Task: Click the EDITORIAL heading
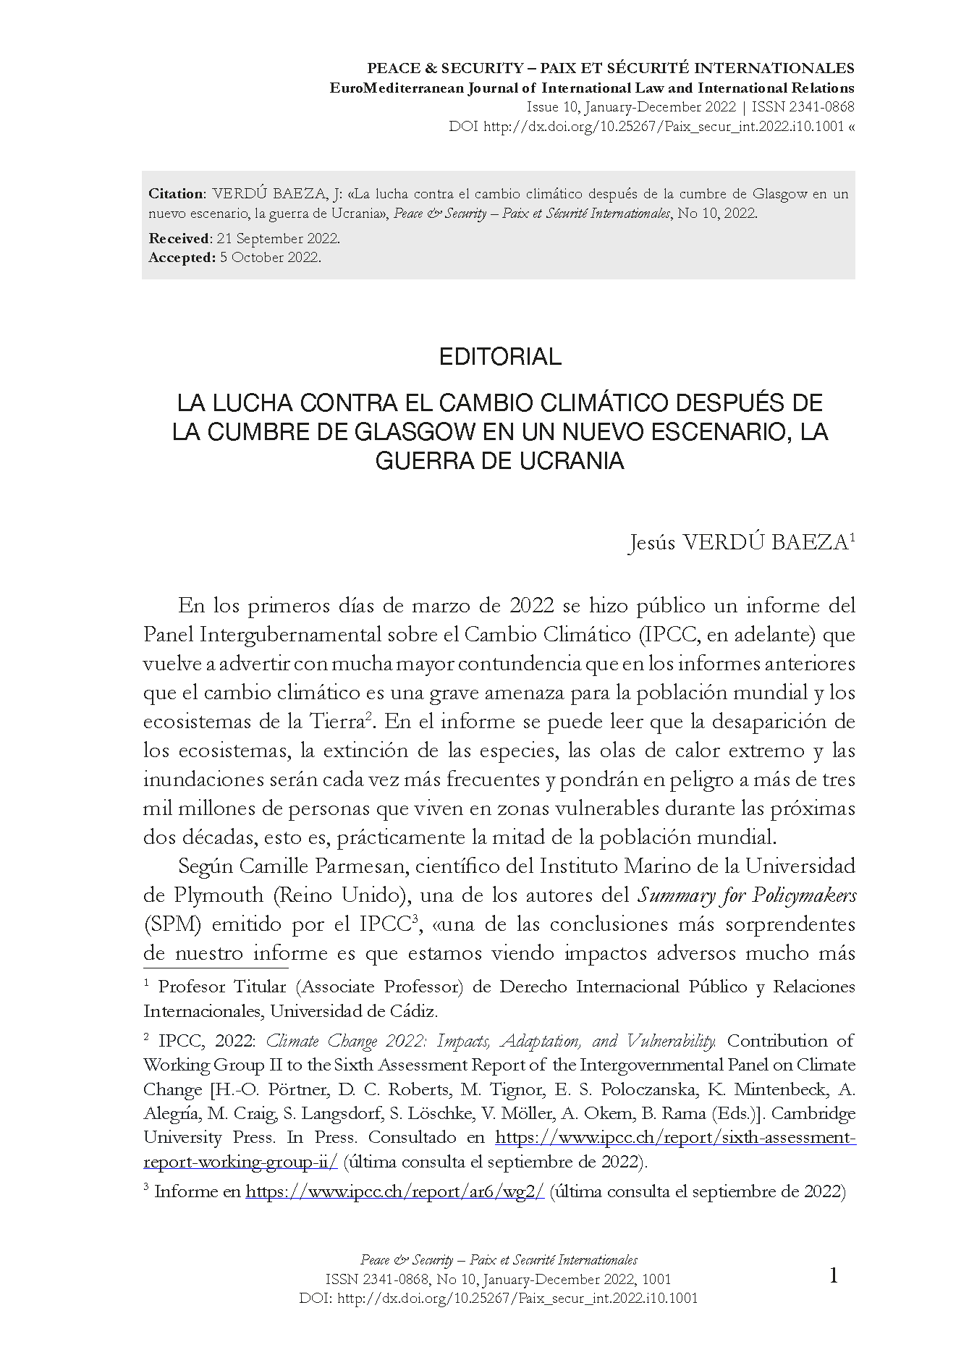[x=500, y=357]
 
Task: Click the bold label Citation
[x=177, y=194]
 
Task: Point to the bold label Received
[x=179, y=239]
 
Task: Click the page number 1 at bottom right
[x=833, y=1276]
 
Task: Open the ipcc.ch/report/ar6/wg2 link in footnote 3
[x=395, y=1191]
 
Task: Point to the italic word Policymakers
[x=804, y=895]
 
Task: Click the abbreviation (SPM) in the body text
[x=167, y=924]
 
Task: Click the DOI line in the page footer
[x=499, y=1299]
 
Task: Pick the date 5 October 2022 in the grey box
[x=270, y=258]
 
